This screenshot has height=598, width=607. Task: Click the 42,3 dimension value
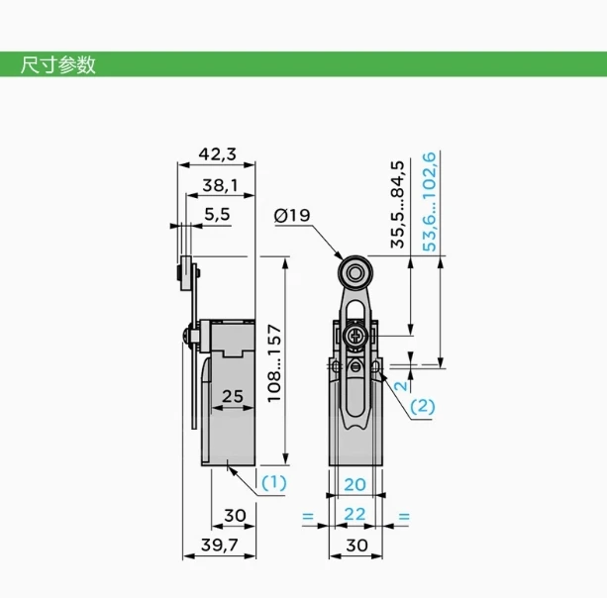[217, 154]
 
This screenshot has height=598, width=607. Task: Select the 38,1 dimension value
[220, 185]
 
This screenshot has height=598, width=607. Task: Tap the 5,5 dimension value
[217, 214]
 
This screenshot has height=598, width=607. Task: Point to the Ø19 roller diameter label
[292, 215]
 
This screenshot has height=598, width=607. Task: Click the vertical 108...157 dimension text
[274, 363]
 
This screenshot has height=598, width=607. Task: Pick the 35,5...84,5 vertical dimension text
[397, 204]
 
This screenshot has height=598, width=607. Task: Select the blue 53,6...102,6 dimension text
[429, 202]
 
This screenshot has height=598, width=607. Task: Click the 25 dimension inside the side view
[233, 396]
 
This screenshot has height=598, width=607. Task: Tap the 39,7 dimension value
[220, 545]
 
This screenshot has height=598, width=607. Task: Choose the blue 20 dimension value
[354, 484]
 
